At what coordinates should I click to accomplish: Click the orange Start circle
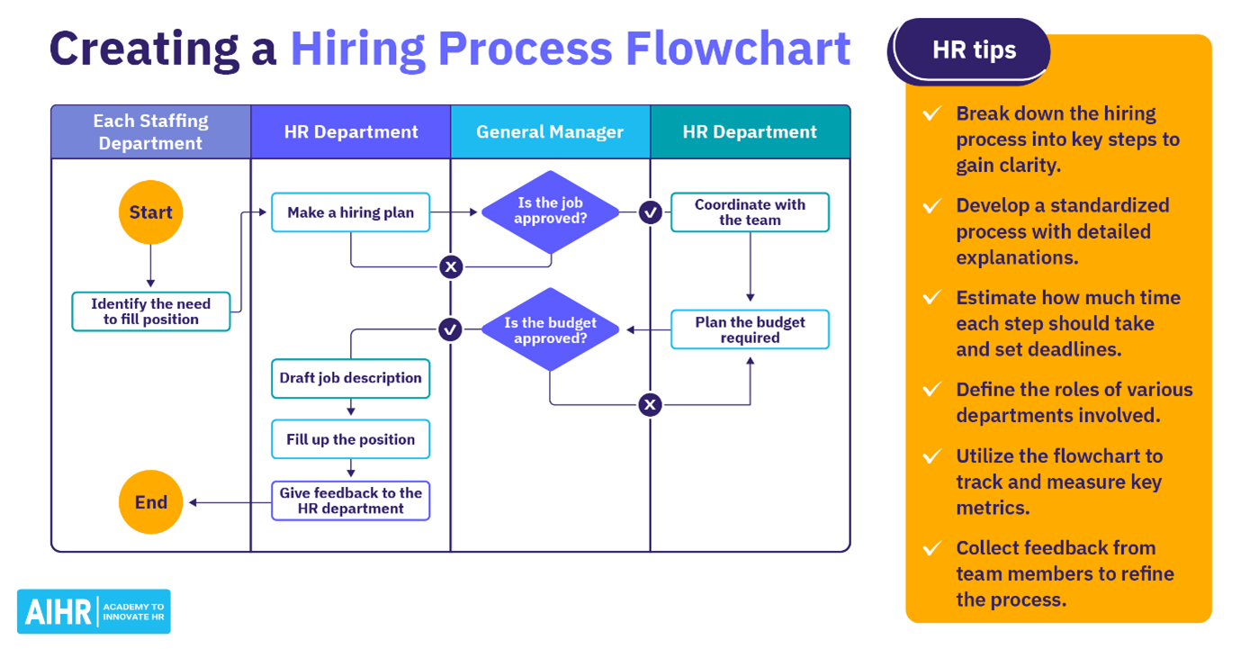pyautogui.click(x=150, y=212)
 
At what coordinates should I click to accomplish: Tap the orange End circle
pyautogui.click(x=150, y=502)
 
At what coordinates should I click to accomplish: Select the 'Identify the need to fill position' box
pyautogui.click(x=150, y=311)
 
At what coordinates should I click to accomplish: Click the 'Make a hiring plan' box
pyautogui.click(x=350, y=212)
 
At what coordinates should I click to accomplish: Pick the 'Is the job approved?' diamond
pyautogui.click(x=550, y=212)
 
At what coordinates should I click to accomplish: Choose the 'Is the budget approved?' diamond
pyautogui.click(x=550, y=330)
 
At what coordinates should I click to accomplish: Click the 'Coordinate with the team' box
pyautogui.click(x=750, y=212)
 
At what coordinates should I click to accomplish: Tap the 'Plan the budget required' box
pyautogui.click(x=750, y=330)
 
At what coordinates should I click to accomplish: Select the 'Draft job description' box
pyautogui.click(x=350, y=378)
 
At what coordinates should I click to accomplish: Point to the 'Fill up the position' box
pyautogui.click(x=350, y=439)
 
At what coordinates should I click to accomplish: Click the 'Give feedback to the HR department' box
pyautogui.click(x=350, y=500)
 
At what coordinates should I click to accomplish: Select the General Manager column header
pyautogui.click(x=550, y=132)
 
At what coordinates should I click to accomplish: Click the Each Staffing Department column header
pyautogui.click(x=150, y=132)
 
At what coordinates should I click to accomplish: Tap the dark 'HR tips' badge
pyautogui.click(x=974, y=50)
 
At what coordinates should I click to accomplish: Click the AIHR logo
pyautogui.click(x=94, y=612)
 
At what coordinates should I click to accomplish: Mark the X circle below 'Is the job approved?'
pyautogui.click(x=451, y=266)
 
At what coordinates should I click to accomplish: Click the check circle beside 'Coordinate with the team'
pyautogui.click(x=650, y=212)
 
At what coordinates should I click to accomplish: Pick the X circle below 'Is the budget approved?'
pyautogui.click(x=650, y=405)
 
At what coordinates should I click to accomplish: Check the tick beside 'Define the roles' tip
pyautogui.click(x=932, y=390)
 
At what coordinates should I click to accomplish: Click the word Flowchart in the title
pyautogui.click(x=738, y=49)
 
